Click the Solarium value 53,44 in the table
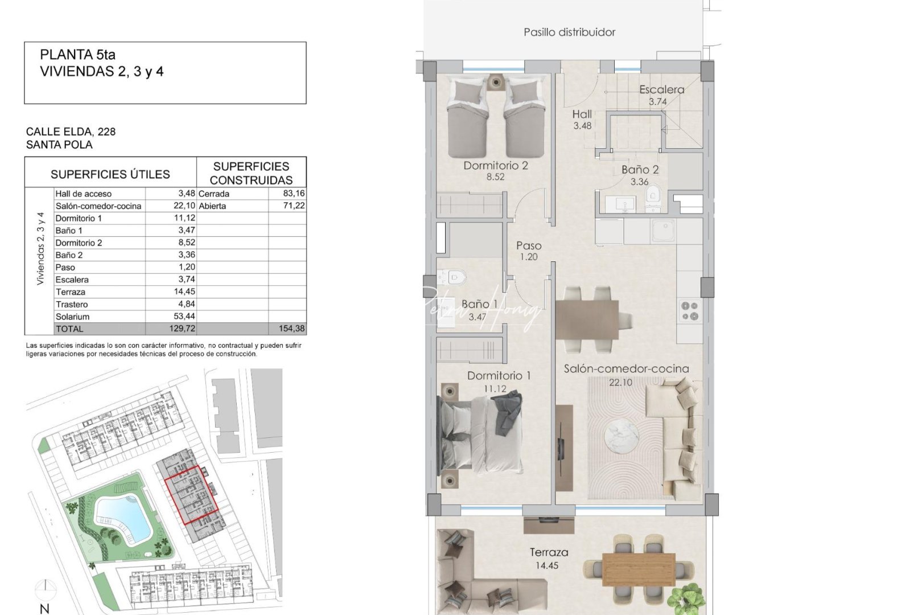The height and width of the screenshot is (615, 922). point(184,317)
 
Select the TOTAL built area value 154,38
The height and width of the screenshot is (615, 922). point(291,329)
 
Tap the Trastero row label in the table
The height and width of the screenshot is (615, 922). point(72,304)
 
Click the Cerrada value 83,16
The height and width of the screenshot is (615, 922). point(294,194)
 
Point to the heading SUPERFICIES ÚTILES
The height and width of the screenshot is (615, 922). point(110,174)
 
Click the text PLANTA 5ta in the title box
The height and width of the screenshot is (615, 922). point(77,55)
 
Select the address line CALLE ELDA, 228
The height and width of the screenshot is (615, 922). point(71,132)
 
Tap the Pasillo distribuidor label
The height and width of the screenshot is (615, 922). point(569,32)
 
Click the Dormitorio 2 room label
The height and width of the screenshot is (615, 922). point(495,166)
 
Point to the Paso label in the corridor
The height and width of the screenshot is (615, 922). point(529,245)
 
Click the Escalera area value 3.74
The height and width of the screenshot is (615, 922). point(657,102)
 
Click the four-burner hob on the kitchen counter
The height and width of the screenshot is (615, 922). point(690,311)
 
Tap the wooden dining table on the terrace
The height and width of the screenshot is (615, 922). point(639,569)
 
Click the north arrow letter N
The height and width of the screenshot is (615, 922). point(44,609)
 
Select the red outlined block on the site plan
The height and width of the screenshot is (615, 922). point(191,494)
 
